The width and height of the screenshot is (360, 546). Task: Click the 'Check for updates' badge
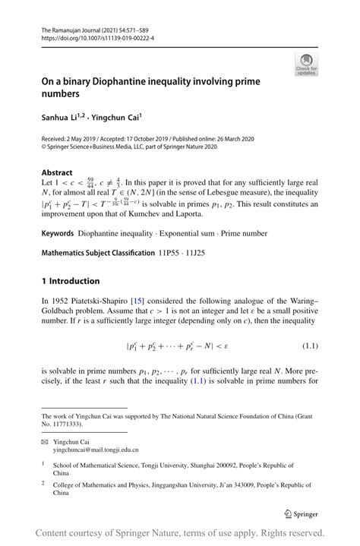tap(306, 64)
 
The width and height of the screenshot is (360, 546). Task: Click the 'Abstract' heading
tap(57, 172)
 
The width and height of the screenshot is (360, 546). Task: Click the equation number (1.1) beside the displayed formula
tap(309, 346)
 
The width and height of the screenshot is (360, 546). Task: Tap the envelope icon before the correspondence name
tap(45, 441)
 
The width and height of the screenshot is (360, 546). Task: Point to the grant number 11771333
tap(63, 423)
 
